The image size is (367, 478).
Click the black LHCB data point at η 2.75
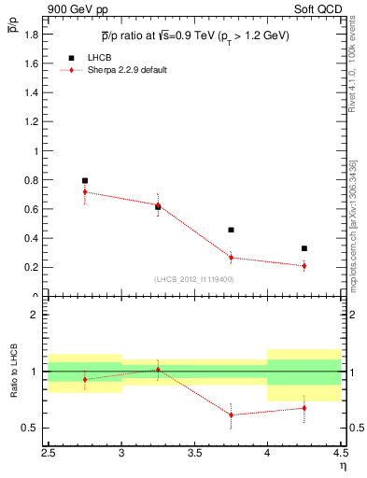[85, 180]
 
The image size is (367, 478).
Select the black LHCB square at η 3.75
[231, 230]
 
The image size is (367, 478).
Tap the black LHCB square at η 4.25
[304, 248]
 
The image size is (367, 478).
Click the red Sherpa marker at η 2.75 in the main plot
[85, 191]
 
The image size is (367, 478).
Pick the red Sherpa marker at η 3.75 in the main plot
[231, 258]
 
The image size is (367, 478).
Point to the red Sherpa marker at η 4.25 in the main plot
[304, 266]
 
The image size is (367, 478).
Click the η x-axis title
[342, 465]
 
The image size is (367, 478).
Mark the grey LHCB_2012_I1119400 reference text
[194, 279]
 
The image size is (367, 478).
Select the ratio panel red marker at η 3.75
[231, 415]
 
